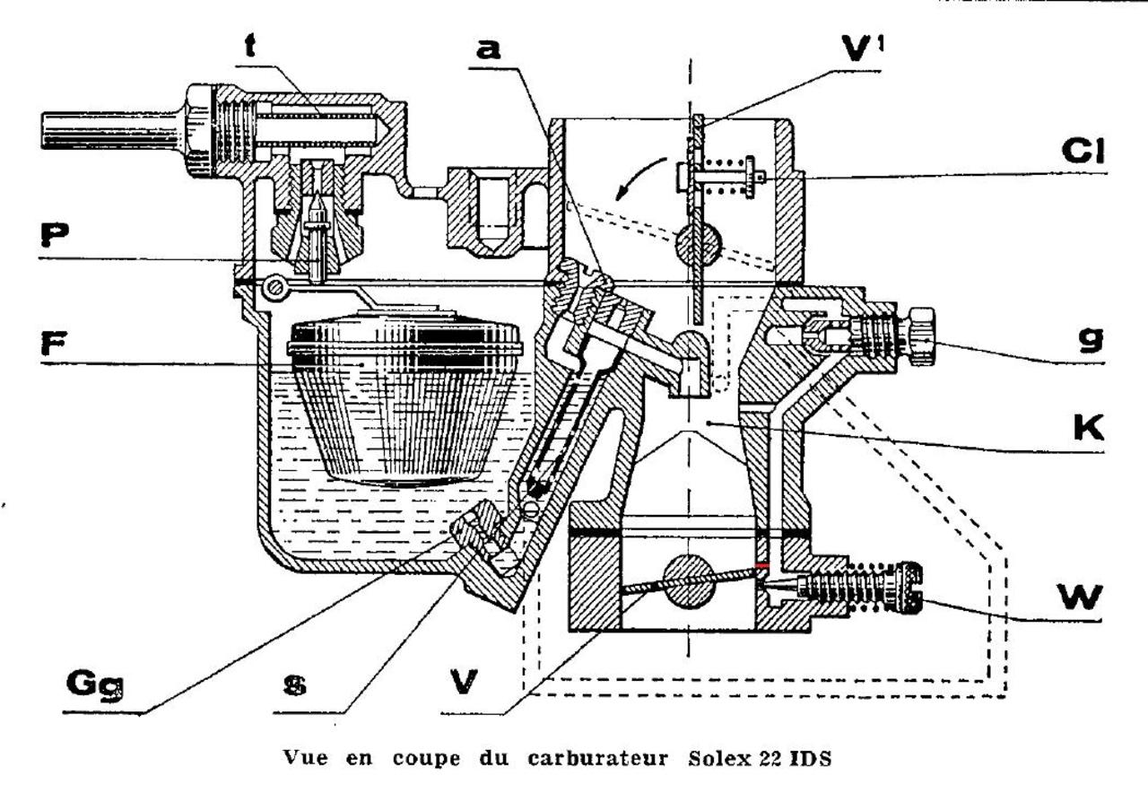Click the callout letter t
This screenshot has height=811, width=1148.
coord(250,46)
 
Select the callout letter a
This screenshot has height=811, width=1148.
coord(489,49)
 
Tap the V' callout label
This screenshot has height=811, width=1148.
coord(863,49)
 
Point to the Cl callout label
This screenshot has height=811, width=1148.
coord(1083,151)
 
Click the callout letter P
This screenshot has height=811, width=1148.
coord(55,235)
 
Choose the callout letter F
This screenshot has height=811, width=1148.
coord(53,343)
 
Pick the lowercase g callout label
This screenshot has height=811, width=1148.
coord(1091,339)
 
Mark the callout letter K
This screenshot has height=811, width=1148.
coord(1089,428)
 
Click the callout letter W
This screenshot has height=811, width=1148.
coord(1079,597)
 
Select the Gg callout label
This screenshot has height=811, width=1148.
coord(95,684)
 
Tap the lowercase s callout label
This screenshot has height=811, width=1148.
coord(295,685)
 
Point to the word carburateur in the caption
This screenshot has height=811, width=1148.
coord(597,759)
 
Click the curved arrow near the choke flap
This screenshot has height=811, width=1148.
coord(640,178)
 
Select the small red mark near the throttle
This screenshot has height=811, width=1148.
coord(762,565)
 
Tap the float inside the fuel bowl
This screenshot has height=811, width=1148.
coord(404,396)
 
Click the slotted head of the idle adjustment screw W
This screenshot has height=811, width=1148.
coord(910,588)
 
